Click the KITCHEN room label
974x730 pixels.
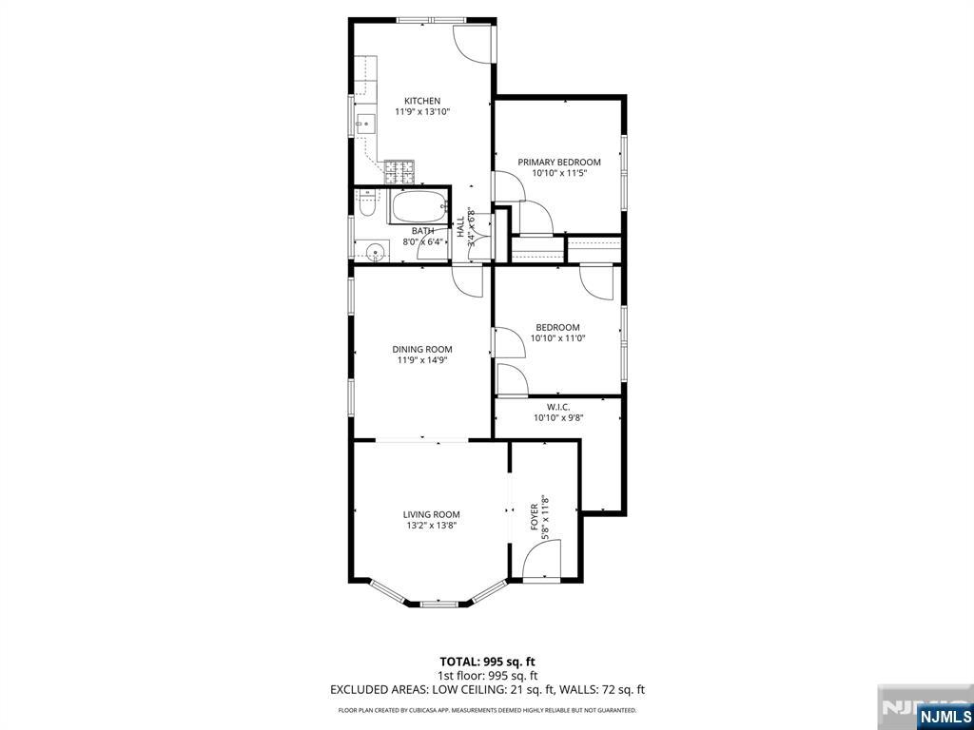[422, 101]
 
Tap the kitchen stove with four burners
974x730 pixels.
[399, 172]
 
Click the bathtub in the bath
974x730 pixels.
[419, 207]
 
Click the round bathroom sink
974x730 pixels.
[375, 253]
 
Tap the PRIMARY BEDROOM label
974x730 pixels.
[559, 163]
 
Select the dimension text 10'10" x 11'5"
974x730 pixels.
[559, 173]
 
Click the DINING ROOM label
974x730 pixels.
[422, 350]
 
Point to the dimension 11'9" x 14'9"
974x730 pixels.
[422, 360]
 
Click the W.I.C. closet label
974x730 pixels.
[558, 407]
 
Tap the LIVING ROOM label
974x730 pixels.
[432, 514]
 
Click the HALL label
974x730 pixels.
[461, 226]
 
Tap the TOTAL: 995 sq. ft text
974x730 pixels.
[487, 662]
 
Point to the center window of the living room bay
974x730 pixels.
[439, 604]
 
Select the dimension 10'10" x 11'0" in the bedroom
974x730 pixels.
[558, 339]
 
